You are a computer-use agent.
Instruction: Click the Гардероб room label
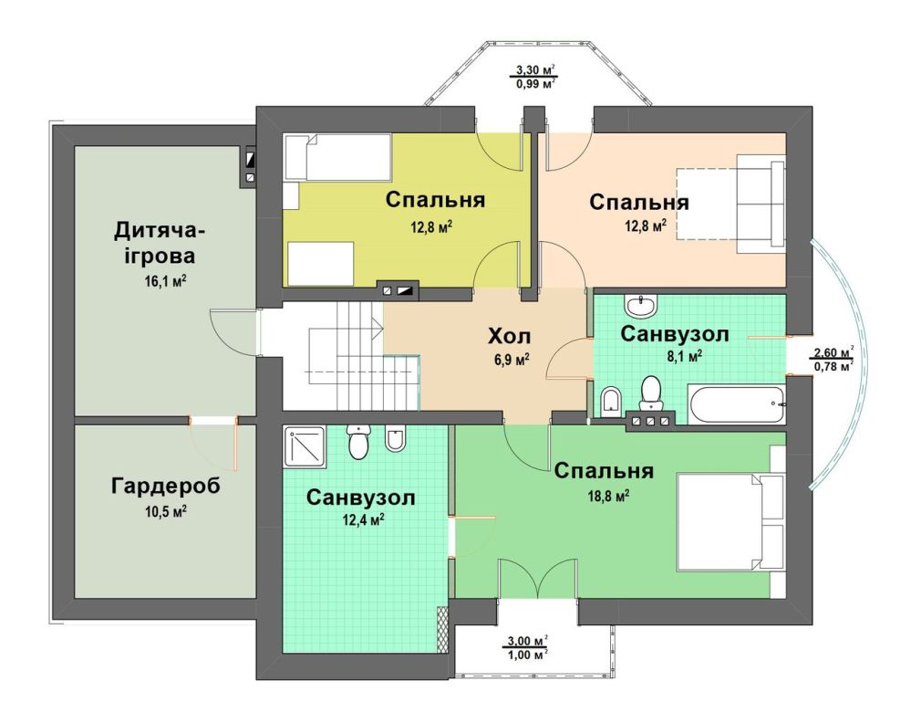point(166,486)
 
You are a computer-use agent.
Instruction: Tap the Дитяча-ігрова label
point(160,243)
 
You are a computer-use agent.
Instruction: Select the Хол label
point(509,336)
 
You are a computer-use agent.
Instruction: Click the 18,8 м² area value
point(609,497)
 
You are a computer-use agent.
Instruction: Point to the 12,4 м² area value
point(363,520)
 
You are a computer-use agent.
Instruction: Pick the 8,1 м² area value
point(685,356)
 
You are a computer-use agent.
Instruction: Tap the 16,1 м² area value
point(165,281)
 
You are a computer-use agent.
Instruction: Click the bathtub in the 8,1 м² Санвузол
point(736,403)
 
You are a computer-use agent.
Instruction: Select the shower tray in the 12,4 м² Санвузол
point(305,446)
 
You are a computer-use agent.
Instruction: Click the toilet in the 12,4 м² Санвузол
point(357,441)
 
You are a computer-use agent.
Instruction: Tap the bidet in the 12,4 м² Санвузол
point(395,440)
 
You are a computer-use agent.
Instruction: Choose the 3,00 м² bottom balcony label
point(527,648)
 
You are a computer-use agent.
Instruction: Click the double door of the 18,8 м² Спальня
point(538,578)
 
